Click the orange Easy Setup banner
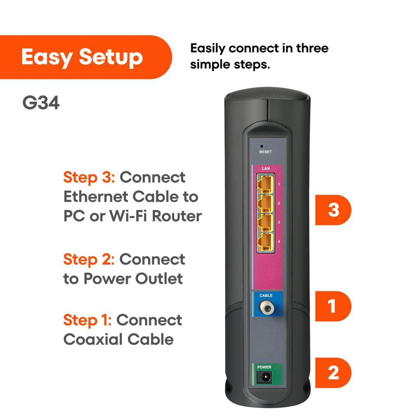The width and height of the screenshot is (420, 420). [x=82, y=57]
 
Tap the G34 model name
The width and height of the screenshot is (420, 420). [x=41, y=103]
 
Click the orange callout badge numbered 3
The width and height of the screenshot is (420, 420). [x=333, y=210]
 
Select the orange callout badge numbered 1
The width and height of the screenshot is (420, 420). [x=333, y=306]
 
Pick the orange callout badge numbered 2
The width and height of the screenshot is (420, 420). [x=333, y=372]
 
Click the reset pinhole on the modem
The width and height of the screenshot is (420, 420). [x=262, y=146]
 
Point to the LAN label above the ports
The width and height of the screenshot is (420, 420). [x=265, y=168]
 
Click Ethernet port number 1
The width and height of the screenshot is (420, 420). [x=265, y=184]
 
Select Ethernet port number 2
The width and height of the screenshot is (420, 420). [x=265, y=203]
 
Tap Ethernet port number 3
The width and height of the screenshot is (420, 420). [x=265, y=222]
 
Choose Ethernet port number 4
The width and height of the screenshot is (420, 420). [x=265, y=242]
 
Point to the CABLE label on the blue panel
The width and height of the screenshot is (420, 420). [x=266, y=295]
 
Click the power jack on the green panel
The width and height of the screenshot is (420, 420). [x=265, y=376]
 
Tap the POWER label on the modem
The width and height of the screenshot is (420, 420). [x=264, y=367]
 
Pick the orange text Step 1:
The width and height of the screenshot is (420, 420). [x=87, y=320]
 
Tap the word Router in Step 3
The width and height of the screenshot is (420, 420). [x=177, y=216]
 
